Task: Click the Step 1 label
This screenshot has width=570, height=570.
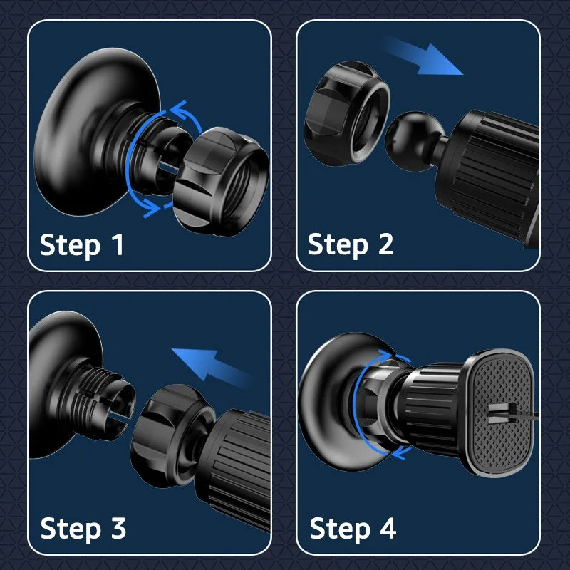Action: pyautogui.click(x=81, y=244)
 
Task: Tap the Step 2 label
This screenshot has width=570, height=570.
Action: pyautogui.click(x=351, y=244)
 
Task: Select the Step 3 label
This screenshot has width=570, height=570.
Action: pyautogui.click(x=83, y=528)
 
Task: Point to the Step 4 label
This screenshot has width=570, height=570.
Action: pyautogui.click(x=353, y=528)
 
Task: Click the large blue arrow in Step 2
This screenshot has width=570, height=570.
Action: pyautogui.click(x=423, y=57)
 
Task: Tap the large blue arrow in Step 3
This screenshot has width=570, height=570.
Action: pyautogui.click(x=212, y=366)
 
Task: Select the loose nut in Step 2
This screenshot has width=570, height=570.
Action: pyautogui.click(x=346, y=113)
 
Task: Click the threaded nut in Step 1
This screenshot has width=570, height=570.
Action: pyautogui.click(x=221, y=181)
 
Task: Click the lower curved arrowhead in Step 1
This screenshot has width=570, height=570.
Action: pyautogui.click(x=152, y=208)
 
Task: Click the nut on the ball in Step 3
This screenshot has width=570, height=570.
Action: pyautogui.click(x=172, y=435)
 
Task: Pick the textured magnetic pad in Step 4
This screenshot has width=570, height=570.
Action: pyautogui.click(x=501, y=413)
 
